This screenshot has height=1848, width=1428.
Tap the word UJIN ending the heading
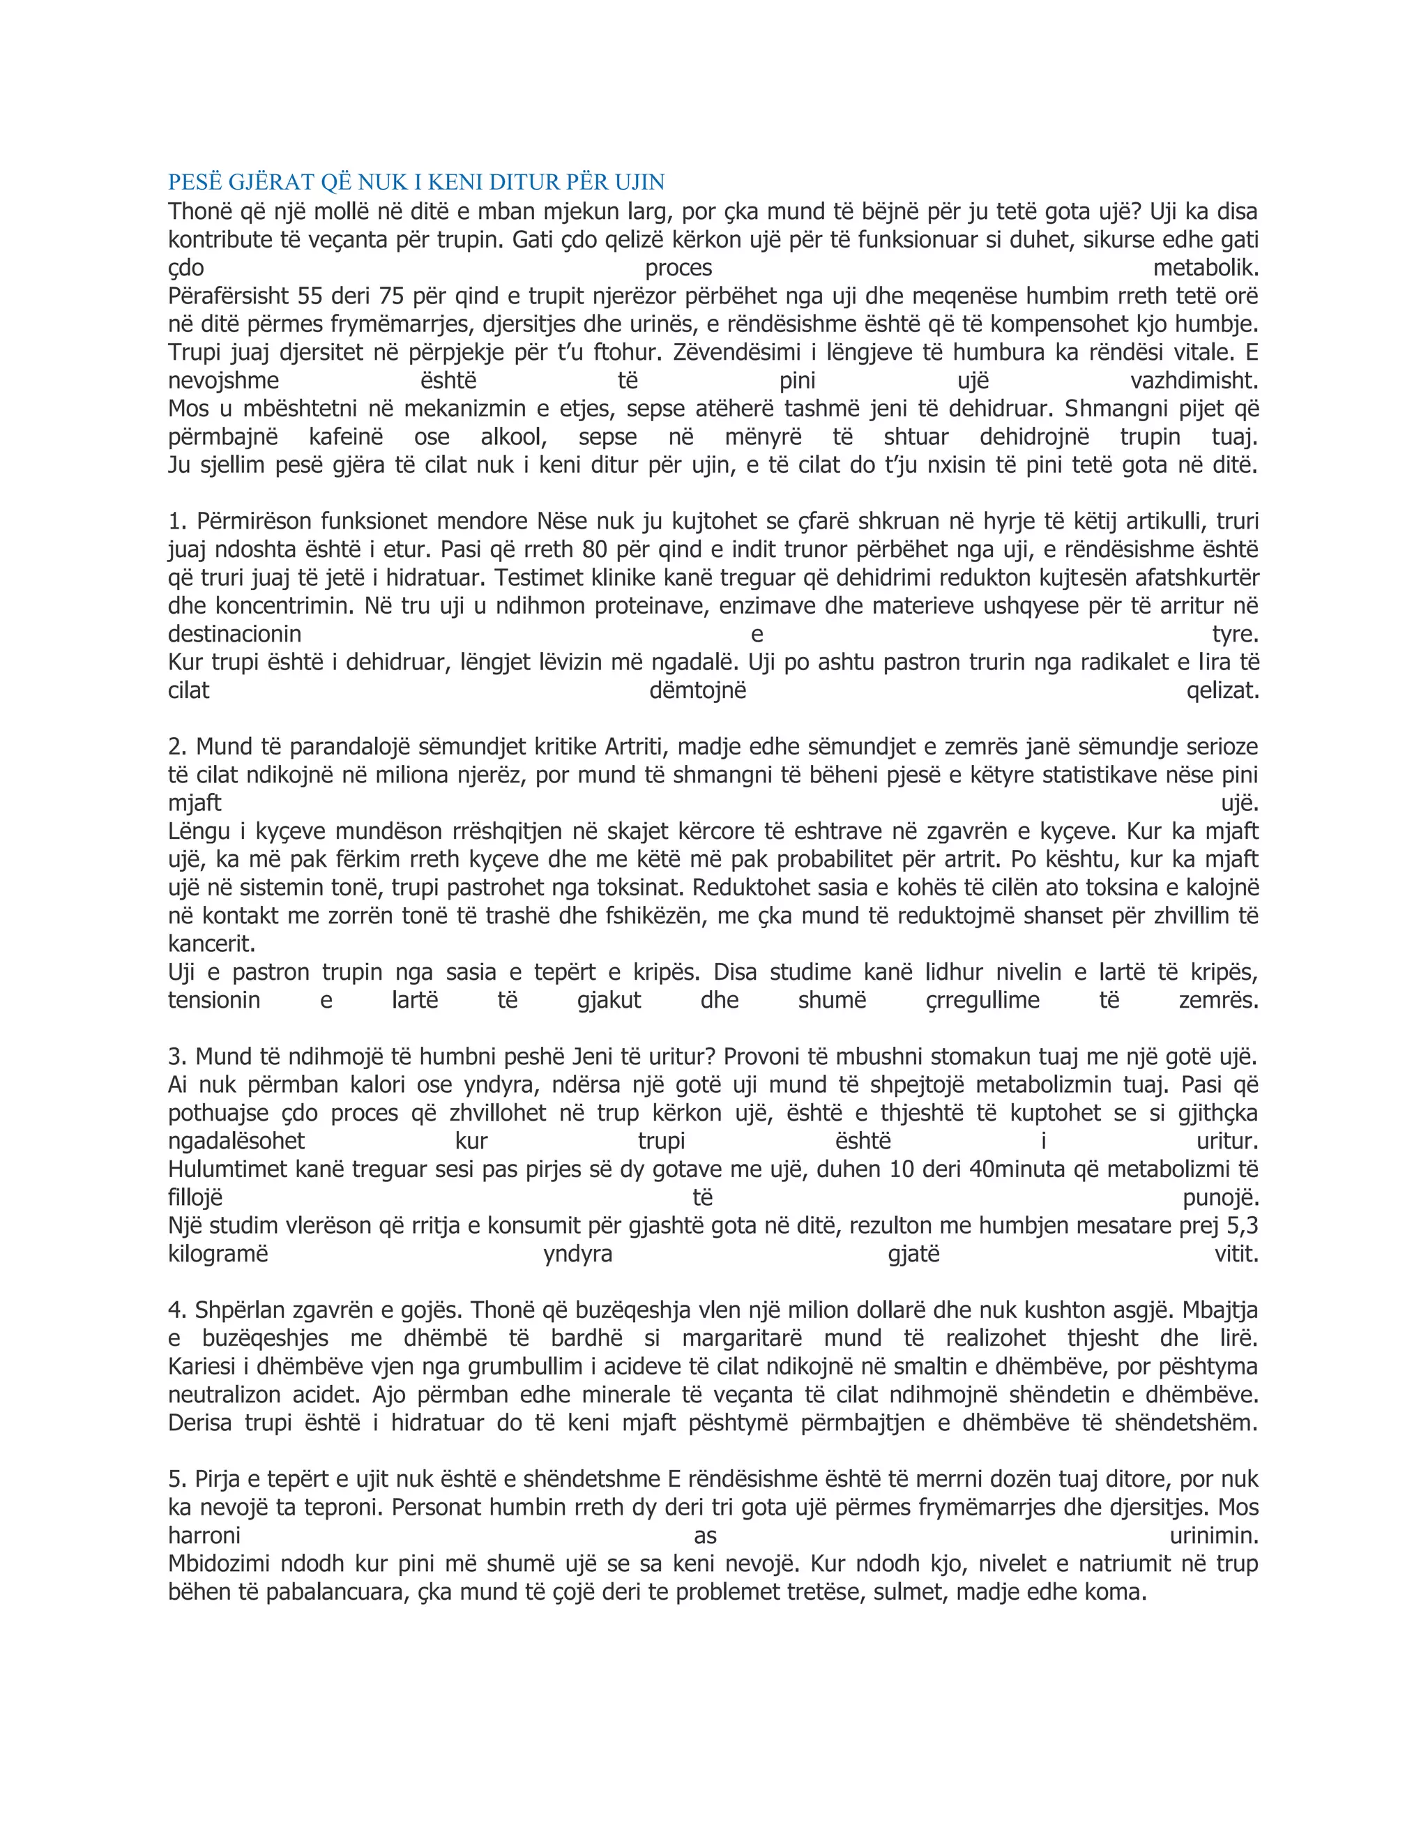point(639,182)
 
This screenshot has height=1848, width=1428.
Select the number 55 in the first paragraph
point(310,296)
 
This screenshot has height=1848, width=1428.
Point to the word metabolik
point(1206,268)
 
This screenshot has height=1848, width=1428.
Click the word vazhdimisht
point(1194,381)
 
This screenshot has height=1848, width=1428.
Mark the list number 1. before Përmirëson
point(178,521)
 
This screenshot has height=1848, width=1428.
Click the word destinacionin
point(234,635)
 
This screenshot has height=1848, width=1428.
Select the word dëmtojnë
point(698,691)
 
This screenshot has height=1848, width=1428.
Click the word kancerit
point(211,944)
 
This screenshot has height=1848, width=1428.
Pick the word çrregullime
point(982,1001)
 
